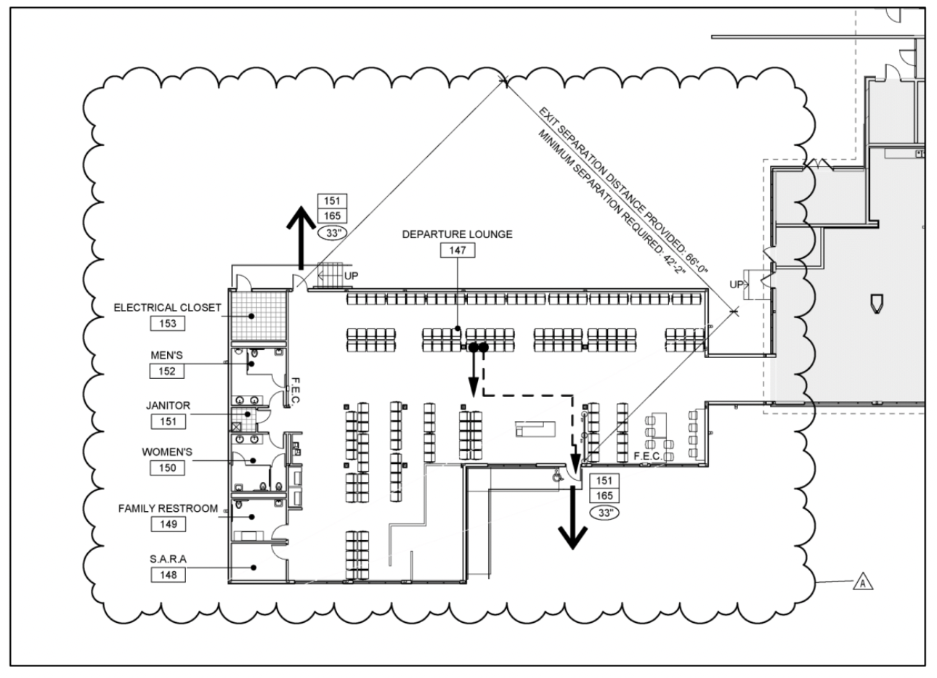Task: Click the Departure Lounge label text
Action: pos(457,234)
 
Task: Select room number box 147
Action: pos(458,250)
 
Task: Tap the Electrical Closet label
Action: pos(167,308)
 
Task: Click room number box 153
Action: pos(168,324)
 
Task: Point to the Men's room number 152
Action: pos(167,371)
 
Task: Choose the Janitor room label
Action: pos(169,406)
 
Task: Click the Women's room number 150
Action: pos(167,467)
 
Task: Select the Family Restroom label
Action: pos(169,508)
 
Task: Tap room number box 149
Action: pos(169,524)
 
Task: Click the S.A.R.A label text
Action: pos(169,559)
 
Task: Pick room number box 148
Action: pos(169,575)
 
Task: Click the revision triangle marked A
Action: pos(863,583)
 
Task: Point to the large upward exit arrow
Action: pos(301,237)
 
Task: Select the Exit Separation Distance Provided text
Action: pos(623,190)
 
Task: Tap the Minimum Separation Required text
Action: pos(612,202)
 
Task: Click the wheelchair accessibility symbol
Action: pos(557,476)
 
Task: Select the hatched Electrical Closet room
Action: pos(259,316)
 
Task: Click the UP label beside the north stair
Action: pos(351,277)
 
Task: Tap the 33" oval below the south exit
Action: pos(604,513)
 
